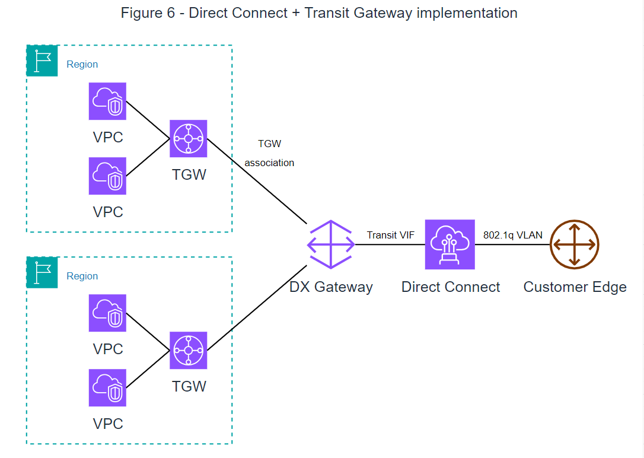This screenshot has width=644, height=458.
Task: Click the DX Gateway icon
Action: click(x=330, y=244)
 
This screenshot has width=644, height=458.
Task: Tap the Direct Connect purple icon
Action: click(x=450, y=244)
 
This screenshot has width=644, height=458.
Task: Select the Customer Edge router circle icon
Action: click(x=575, y=244)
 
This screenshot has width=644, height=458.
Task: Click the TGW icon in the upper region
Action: click(x=189, y=139)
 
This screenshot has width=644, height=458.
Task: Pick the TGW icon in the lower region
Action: click(x=189, y=351)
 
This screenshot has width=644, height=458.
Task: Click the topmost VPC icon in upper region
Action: click(x=107, y=101)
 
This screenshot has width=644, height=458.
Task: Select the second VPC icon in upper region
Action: click(x=107, y=176)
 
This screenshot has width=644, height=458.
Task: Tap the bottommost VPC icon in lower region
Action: click(x=107, y=388)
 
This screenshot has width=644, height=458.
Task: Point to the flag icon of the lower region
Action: click(x=42, y=273)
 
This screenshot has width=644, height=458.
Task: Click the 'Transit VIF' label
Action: click(x=390, y=235)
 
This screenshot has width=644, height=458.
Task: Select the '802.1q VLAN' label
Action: click(x=512, y=235)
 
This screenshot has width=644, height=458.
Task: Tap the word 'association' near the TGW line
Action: click(x=269, y=163)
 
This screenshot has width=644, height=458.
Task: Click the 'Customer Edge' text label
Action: click(x=575, y=287)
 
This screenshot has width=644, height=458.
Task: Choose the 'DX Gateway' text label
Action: click(x=331, y=287)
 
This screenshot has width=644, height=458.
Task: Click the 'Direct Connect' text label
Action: click(x=451, y=287)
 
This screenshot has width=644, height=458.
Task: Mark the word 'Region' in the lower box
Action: click(x=82, y=276)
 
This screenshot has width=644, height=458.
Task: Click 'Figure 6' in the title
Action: click(x=148, y=12)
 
